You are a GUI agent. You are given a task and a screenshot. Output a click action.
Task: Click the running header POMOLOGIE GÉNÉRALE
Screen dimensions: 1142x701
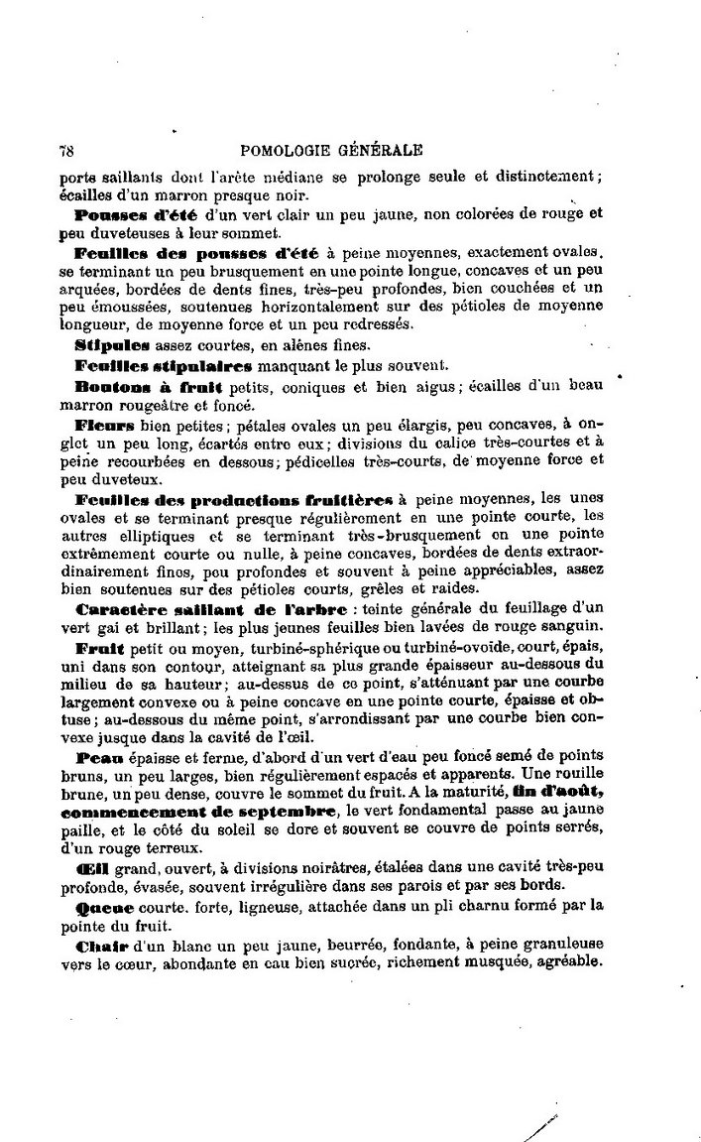pyautogui.click(x=331, y=151)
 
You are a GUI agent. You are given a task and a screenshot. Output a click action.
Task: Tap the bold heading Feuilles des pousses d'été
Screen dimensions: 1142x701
pyautogui.click(x=197, y=253)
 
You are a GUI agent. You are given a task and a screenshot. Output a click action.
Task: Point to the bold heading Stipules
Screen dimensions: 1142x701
pyautogui.click(x=112, y=344)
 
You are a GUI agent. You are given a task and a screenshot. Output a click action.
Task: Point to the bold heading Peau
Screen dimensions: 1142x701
pyautogui.click(x=96, y=755)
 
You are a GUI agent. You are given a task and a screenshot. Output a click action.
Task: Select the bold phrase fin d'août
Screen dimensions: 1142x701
pyautogui.click(x=557, y=792)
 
